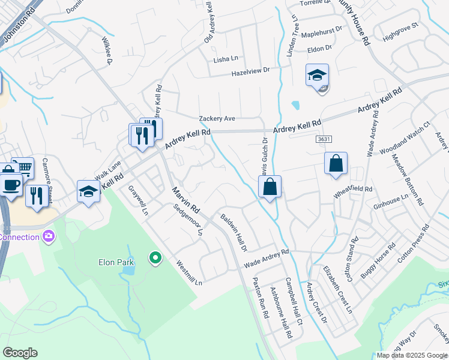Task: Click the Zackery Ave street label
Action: point(217,119)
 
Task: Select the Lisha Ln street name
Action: point(226,59)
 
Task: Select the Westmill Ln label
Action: point(189,272)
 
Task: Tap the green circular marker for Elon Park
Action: point(155,258)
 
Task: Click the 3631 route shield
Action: point(324,139)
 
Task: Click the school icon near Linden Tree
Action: point(317,76)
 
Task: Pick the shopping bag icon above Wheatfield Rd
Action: point(336,163)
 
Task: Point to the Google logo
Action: point(20,353)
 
